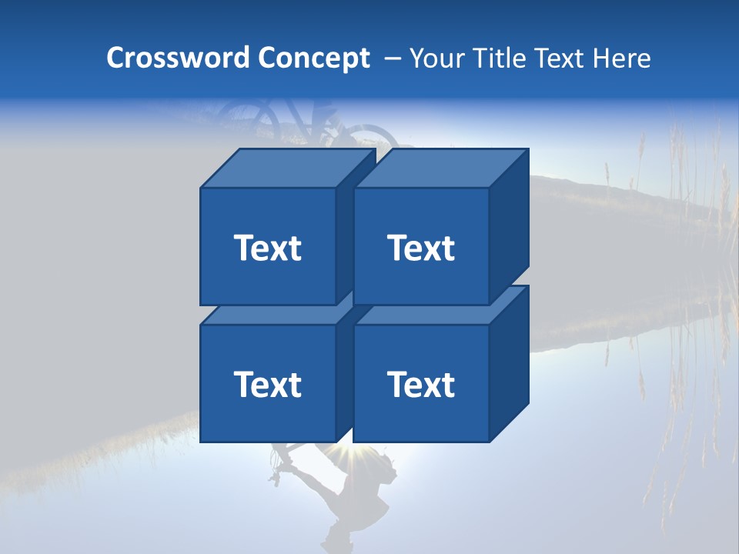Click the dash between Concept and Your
[x=391, y=58]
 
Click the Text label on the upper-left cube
[x=267, y=248]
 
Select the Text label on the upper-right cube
[x=420, y=248]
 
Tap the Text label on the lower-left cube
[x=267, y=384]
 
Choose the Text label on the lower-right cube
[x=420, y=384]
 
